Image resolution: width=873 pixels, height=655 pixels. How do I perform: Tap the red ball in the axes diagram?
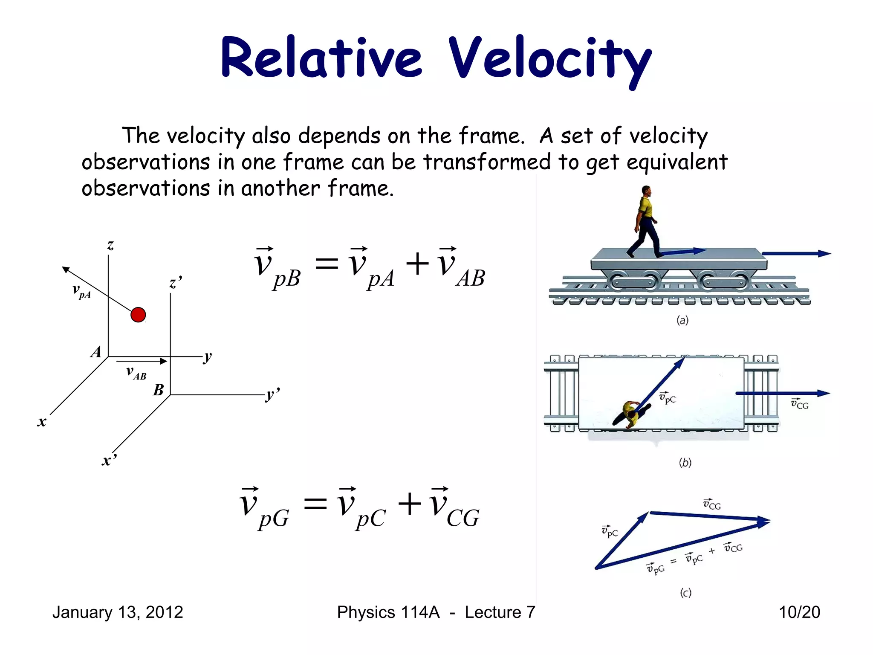click(x=138, y=315)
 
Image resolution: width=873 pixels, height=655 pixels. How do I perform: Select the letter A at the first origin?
click(x=96, y=352)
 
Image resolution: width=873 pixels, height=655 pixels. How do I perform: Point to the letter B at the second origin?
click(x=159, y=390)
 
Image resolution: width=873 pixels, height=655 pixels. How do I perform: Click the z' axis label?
click(x=175, y=283)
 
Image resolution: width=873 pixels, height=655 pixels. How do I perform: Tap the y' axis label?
click(x=272, y=394)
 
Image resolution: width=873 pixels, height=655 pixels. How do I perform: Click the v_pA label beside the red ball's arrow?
click(x=81, y=291)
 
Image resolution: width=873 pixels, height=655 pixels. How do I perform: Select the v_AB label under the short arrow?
click(x=136, y=373)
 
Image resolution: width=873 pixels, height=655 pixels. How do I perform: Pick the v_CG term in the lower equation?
click(x=454, y=509)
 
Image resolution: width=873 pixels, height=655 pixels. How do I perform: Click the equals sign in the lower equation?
click(x=315, y=504)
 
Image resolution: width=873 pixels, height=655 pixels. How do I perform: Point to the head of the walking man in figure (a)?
click(x=646, y=190)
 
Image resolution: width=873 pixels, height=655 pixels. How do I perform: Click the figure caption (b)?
click(x=685, y=462)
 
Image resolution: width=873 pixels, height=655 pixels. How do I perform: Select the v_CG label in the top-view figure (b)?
click(x=800, y=403)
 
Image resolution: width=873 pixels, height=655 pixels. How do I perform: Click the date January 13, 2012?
click(x=118, y=612)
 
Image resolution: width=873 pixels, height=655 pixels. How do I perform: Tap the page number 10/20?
click(x=799, y=612)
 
